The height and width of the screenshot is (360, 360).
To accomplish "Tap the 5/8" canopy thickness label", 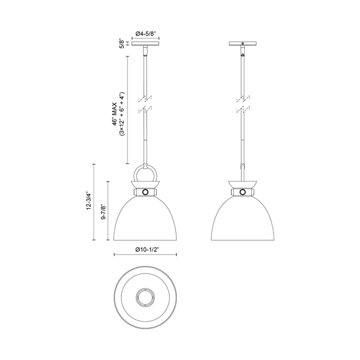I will (122, 43).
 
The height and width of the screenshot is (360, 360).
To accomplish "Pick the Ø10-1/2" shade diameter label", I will (146, 249).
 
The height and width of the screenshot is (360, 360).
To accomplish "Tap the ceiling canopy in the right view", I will (242, 43).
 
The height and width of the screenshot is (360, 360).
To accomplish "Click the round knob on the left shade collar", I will (146, 192).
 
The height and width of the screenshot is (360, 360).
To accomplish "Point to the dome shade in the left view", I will (146, 219).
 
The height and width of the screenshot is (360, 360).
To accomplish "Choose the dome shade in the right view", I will (242, 219).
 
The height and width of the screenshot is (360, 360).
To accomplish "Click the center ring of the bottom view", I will (146, 297).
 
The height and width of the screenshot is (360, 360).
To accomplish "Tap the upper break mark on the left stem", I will (146, 98).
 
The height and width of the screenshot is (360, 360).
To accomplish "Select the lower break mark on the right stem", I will (242, 110).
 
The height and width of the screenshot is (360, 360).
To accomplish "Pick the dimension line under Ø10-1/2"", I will (146, 255).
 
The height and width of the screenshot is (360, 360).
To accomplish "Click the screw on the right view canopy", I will (242, 43).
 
